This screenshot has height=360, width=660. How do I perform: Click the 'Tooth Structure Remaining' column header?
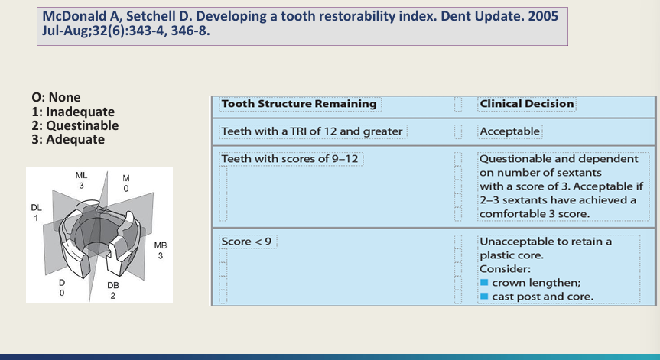298,104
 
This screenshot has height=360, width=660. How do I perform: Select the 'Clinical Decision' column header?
526,104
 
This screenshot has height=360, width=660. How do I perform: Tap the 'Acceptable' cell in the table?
509,131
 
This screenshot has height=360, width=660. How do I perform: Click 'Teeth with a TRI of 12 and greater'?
311,131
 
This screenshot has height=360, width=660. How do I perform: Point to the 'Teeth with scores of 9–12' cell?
291,159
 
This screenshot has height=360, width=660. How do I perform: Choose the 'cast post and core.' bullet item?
541,297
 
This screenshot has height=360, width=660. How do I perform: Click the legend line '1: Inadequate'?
70,112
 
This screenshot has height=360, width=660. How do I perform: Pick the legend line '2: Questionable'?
75,125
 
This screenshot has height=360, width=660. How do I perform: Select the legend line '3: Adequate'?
68,139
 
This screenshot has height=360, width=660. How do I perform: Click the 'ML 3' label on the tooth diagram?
81,180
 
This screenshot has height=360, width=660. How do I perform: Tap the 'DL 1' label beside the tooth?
36,212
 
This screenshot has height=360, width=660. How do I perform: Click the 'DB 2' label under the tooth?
112,290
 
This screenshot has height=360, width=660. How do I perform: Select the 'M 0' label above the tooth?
126,183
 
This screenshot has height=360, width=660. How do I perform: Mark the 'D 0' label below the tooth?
62,287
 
